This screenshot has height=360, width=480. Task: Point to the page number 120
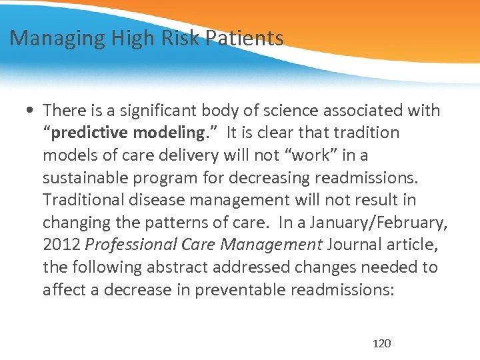[382, 343]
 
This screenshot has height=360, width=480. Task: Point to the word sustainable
[87, 177]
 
